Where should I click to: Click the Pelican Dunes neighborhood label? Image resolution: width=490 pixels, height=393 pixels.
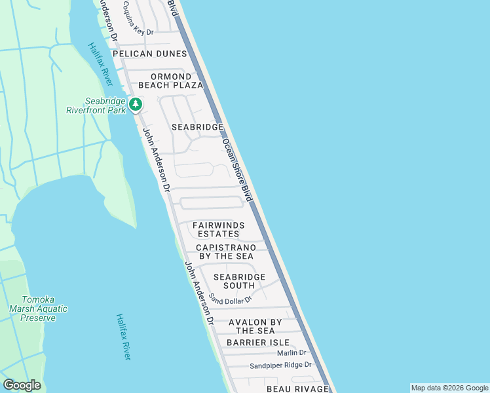(x=150, y=54)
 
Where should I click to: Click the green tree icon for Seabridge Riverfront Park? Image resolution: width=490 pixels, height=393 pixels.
(x=136, y=104)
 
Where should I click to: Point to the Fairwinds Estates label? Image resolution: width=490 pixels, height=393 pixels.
(x=218, y=229)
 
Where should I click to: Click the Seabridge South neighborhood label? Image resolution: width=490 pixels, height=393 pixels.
(x=239, y=281)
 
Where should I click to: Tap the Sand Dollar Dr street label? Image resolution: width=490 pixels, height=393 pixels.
(x=231, y=299)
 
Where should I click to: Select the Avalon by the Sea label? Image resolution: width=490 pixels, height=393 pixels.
(x=255, y=326)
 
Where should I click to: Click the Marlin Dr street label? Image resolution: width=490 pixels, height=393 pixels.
(x=291, y=353)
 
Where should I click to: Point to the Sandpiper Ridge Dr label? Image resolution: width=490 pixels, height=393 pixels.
(x=280, y=365)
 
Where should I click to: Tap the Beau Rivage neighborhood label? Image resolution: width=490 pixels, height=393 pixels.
(x=297, y=389)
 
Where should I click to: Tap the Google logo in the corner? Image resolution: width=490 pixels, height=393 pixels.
(x=22, y=385)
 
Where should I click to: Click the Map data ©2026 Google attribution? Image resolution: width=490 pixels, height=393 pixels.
(x=449, y=388)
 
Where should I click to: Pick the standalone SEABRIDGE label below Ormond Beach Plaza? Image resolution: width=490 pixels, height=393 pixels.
(x=197, y=126)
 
